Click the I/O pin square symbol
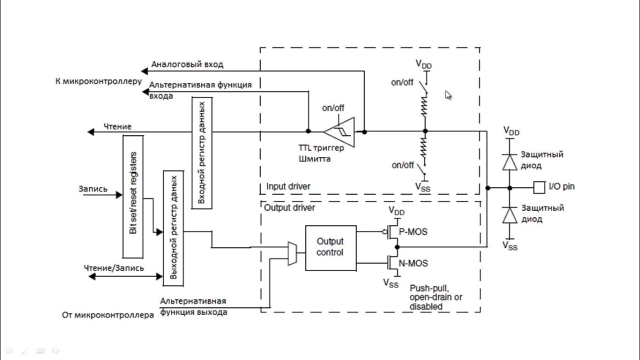pos(539,187)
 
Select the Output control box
pos(331,247)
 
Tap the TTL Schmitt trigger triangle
pos(339,132)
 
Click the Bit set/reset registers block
pos(133,197)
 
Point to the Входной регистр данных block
pos(201,153)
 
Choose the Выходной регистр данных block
pos(173,228)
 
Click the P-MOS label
pos(413,231)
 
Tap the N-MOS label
pos(413,263)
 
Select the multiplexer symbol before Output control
pos(292,253)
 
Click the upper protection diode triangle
pos(509,162)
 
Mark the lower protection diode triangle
pos(509,215)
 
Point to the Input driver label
pos(288,186)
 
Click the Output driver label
pos(289,207)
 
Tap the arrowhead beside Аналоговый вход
pos(144,71)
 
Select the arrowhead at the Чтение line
pos(90,132)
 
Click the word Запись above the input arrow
pos(93,189)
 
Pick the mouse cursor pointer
pos(448,95)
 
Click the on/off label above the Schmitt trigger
pos(333,108)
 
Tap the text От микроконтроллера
pos(108,315)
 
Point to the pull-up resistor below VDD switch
pos(425,105)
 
